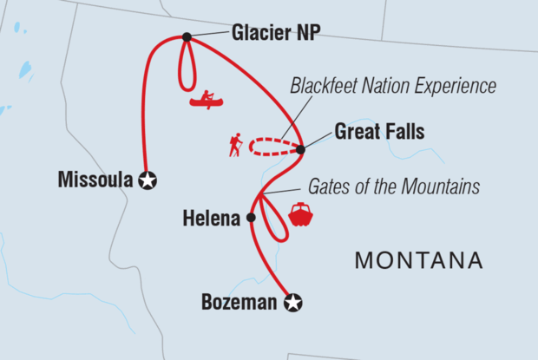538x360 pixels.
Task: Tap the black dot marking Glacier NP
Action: pos(187,36)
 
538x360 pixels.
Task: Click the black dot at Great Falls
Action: pos(301,150)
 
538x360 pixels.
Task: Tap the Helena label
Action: pos(210,219)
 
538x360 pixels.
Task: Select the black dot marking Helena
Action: pos(252,218)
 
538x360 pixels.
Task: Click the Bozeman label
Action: pos(240,303)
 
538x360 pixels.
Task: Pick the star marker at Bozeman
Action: pos(293,303)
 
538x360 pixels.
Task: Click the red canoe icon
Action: pos(207,100)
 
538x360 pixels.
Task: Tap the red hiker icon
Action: pos(234,145)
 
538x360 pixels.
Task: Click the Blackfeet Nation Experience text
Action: pos(393,86)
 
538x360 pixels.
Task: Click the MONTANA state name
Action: pos(419,260)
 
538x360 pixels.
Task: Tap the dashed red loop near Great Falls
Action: pos(271,147)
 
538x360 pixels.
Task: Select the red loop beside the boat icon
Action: pos(277,225)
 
